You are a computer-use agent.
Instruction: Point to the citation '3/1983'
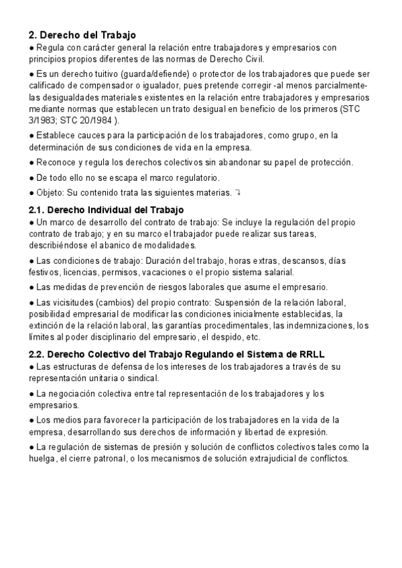[42, 121]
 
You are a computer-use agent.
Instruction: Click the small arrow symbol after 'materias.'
[238, 193]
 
